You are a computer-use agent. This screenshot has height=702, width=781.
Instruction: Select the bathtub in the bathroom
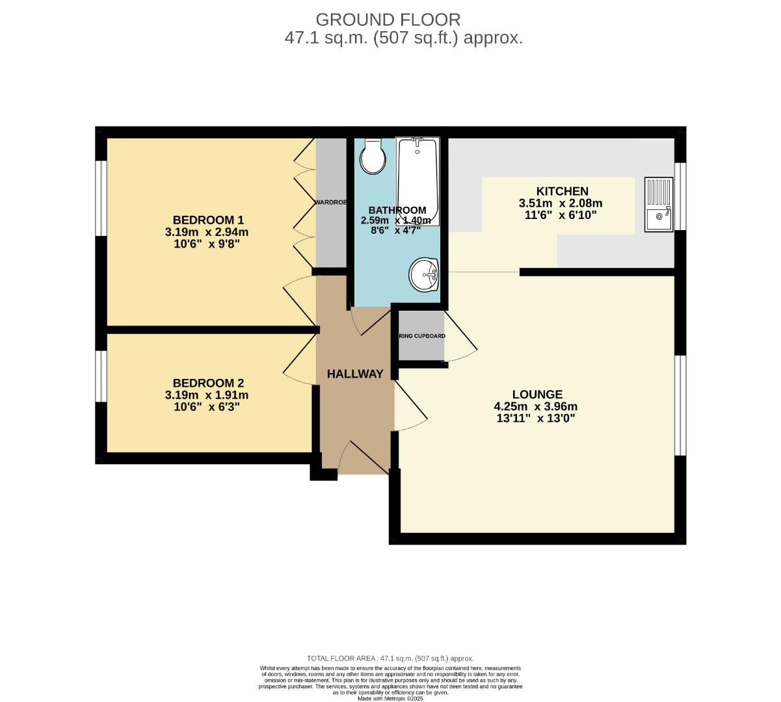point(417,181)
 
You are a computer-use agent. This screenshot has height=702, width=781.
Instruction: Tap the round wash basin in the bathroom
point(424,275)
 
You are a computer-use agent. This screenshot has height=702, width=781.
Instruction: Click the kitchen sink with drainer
point(659,204)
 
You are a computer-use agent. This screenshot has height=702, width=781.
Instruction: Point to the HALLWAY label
point(354,374)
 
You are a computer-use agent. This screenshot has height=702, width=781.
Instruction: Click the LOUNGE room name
point(537,394)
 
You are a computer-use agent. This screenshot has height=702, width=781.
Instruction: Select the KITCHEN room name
point(557,191)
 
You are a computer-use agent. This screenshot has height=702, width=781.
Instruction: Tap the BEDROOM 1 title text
point(207,219)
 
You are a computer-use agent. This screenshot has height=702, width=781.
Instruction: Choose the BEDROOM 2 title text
point(207,383)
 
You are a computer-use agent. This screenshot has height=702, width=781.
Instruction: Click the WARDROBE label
point(331,203)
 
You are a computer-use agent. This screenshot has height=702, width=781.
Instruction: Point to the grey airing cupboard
point(421,336)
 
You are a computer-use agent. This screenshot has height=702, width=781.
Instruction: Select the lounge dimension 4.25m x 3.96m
point(536,407)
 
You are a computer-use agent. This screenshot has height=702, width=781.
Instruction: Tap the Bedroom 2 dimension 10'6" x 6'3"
point(207,407)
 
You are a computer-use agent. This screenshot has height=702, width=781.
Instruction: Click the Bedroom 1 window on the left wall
point(101,197)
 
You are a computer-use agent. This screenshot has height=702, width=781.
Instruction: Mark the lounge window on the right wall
point(680,406)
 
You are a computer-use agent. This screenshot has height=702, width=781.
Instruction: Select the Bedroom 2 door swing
point(299,357)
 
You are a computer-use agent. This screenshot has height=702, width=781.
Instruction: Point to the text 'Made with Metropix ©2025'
point(390,698)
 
